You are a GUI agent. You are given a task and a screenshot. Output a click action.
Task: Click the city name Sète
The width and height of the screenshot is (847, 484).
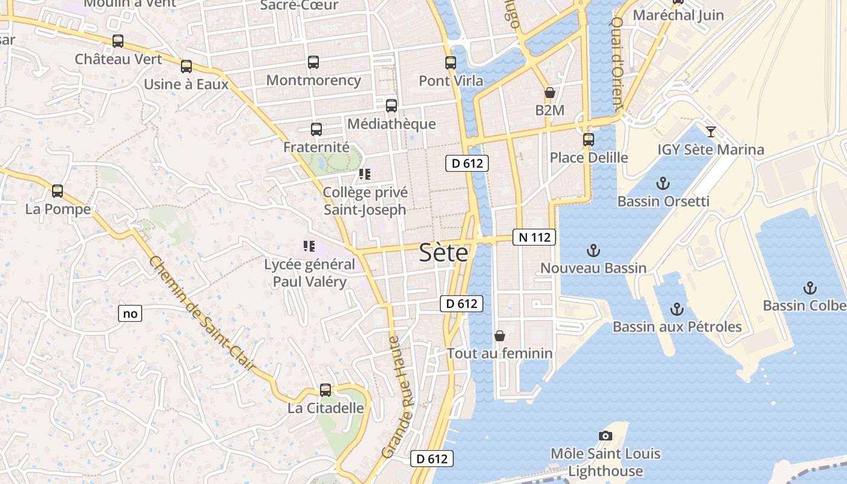pyautogui.click(x=443, y=252)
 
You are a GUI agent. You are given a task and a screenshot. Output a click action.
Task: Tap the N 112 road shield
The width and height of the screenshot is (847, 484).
pyautogui.click(x=534, y=237)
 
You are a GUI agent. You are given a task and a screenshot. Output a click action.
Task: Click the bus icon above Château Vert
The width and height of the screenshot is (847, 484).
pyautogui.click(x=118, y=41)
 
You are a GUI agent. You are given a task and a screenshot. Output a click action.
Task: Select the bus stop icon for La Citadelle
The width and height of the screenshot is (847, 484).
pyautogui.click(x=325, y=390)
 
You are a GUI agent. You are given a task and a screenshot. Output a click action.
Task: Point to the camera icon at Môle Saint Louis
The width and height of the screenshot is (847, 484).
pyautogui.click(x=605, y=436)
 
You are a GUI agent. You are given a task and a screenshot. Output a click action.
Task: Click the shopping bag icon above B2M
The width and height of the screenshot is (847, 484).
pyautogui.click(x=549, y=93)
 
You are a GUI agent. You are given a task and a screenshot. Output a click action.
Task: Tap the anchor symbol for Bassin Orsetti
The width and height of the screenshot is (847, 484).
pyautogui.click(x=663, y=183)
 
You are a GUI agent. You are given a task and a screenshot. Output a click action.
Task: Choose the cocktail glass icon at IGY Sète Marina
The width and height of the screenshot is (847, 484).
pyautogui.click(x=711, y=131)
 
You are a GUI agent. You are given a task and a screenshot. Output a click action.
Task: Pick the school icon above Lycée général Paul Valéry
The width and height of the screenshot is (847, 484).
pyautogui.click(x=309, y=246)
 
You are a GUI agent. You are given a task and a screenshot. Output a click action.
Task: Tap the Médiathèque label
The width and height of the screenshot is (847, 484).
pyautogui.click(x=391, y=124)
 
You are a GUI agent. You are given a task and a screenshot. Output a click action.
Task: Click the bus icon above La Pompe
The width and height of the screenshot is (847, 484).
pyautogui.click(x=57, y=191)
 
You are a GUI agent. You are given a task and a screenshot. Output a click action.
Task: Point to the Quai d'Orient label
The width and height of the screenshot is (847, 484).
pyautogui.click(x=616, y=64)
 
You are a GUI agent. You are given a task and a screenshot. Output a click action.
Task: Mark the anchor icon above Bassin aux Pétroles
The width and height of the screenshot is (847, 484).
pyautogui.click(x=676, y=309)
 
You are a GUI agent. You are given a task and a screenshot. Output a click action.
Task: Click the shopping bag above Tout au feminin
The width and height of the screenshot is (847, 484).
pyautogui.click(x=500, y=335)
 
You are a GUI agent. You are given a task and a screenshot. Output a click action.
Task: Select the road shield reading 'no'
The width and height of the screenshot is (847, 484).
pyautogui.click(x=130, y=313)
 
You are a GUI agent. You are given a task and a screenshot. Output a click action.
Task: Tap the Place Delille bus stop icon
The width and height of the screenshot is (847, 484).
pyautogui.click(x=588, y=140)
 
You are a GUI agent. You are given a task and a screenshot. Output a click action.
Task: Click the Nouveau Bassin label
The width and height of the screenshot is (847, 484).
pyautogui.click(x=593, y=268)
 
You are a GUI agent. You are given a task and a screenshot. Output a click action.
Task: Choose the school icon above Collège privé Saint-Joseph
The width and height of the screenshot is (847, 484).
pyautogui.click(x=364, y=174)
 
